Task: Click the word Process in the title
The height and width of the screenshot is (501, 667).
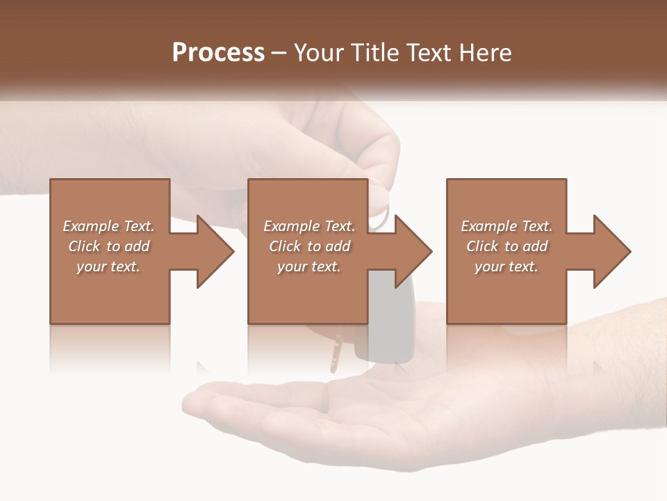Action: coord(218,53)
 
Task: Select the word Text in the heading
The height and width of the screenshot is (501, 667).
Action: coord(428,53)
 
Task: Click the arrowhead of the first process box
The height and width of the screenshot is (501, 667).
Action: coord(215,252)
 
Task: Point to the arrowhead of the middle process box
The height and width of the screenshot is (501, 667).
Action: coord(413,252)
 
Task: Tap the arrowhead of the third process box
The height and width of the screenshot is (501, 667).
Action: coord(612,252)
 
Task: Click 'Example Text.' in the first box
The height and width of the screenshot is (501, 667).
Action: coord(109,226)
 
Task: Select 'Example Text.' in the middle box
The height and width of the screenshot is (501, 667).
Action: coord(309,226)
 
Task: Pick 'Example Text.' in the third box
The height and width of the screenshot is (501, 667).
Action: coord(507,226)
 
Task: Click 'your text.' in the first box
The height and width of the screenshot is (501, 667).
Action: coord(109,267)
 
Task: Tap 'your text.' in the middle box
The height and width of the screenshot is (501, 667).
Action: coord(309,267)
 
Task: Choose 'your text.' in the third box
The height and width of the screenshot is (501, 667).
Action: coord(507,267)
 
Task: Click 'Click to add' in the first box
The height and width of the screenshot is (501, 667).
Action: coord(109,246)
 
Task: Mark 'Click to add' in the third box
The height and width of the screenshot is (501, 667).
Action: coord(507,246)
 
